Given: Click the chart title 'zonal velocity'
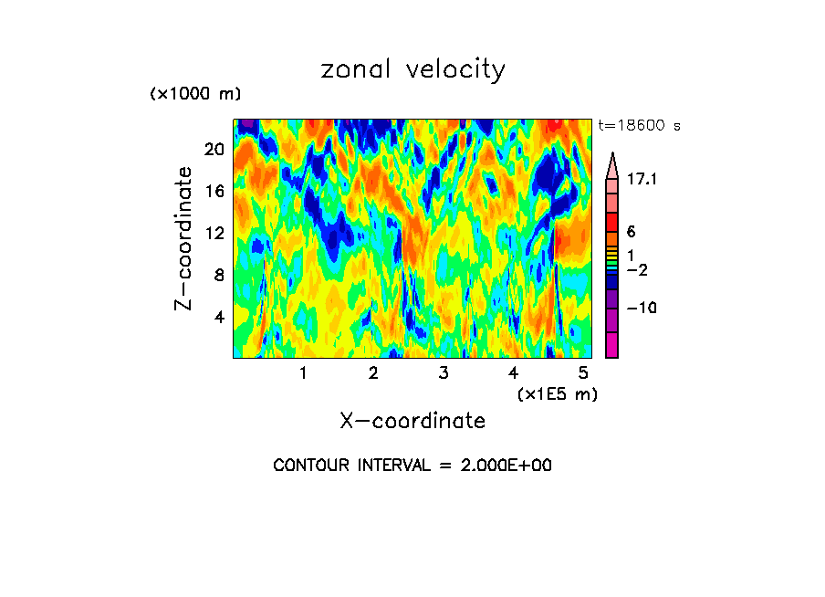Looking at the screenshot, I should (412, 69).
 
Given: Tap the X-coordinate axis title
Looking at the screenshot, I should (412, 420).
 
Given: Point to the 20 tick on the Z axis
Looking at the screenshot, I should (214, 150).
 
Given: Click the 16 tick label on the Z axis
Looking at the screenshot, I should (214, 192).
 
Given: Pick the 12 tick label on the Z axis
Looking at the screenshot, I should (214, 234).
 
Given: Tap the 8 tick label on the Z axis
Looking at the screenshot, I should (218, 276).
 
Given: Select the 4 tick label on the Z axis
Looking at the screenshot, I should (218, 318).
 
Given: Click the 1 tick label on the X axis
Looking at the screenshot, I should (303, 372).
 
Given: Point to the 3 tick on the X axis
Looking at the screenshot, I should (443, 372).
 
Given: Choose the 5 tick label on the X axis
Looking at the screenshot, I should (583, 372).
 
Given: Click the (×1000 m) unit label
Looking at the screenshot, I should (194, 94).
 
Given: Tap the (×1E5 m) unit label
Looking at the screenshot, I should (557, 393).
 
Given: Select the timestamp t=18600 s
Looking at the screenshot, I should (638, 126).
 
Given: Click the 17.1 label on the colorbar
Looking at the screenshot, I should (642, 180).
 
